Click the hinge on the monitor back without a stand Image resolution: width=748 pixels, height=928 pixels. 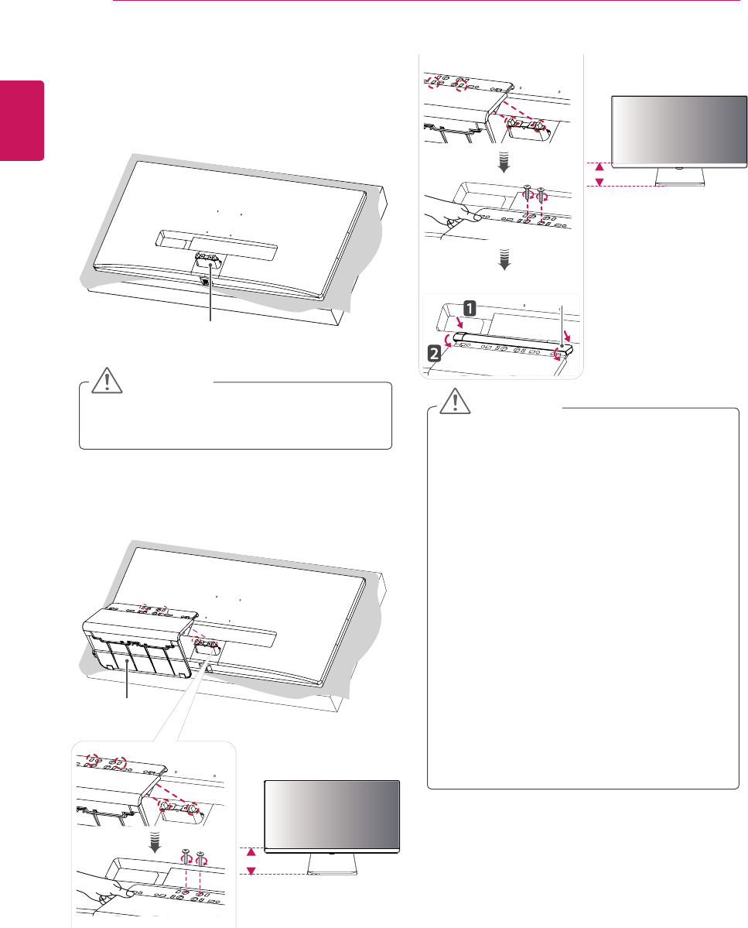coord(207,264)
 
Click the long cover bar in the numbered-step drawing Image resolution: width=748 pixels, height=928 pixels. coord(511,344)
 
